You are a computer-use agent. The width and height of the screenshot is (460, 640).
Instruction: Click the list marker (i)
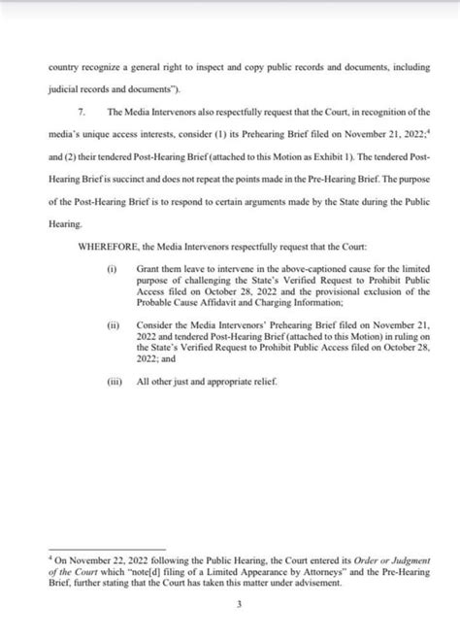112,267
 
